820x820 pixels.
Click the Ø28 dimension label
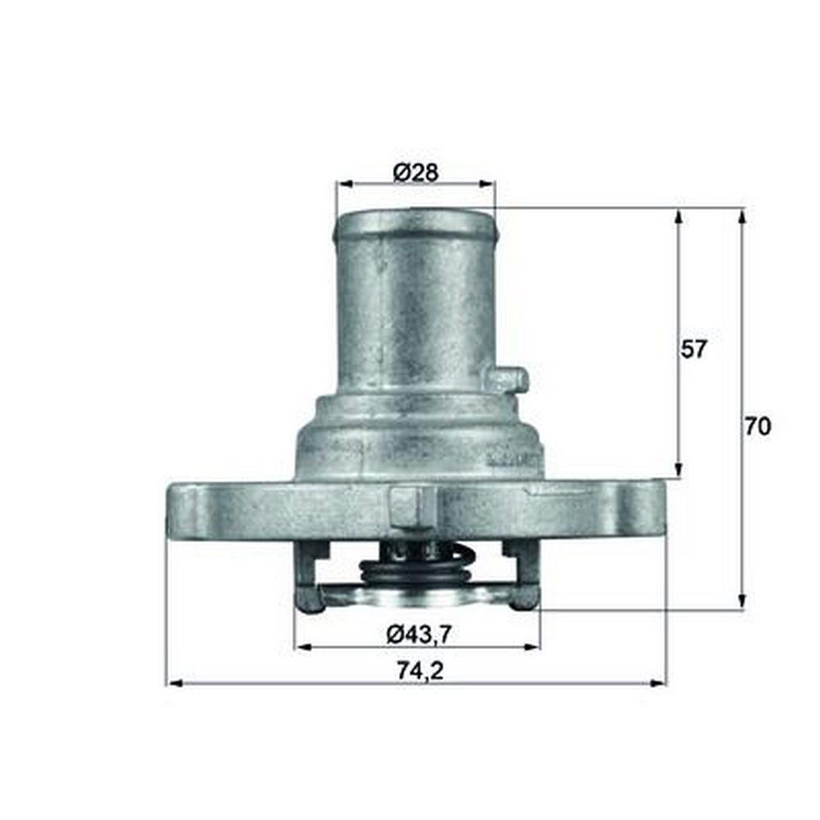click(416, 172)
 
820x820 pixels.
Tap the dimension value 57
click(694, 348)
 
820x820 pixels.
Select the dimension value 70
click(758, 426)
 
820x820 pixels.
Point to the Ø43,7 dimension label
click(418, 635)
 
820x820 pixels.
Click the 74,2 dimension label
click(420, 671)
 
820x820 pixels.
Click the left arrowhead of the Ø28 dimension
click(344, 184)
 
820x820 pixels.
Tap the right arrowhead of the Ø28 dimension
click(486, 184)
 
